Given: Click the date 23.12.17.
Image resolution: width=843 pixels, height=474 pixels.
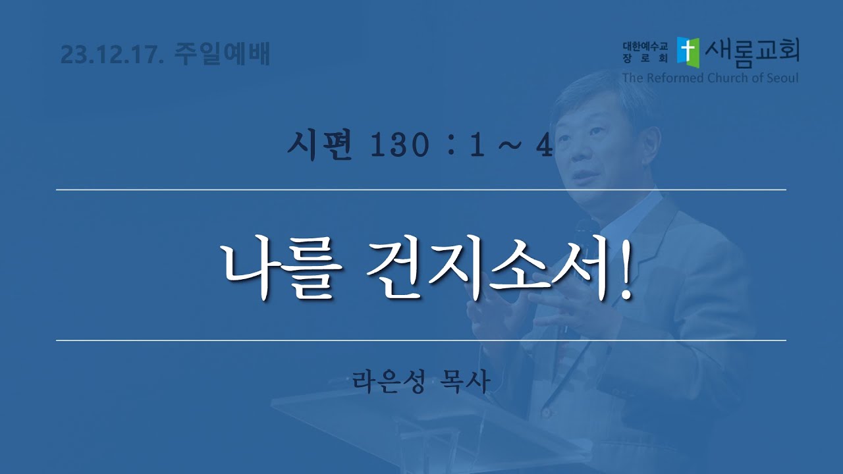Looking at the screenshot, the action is (x=112, y=55).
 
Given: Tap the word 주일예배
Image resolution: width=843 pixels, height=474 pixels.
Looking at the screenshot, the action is (x=222, y=55).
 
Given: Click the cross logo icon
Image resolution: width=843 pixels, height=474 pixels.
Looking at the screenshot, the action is (x=688, y=53).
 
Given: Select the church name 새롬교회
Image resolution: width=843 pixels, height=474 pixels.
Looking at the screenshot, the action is (x=752, y=53).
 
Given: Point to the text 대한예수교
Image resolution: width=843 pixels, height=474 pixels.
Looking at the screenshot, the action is (x=645, y=46).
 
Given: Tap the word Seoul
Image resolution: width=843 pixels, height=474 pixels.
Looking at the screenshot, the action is (x=781, y=78).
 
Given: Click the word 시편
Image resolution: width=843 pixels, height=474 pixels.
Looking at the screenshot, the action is (x=319, y=145).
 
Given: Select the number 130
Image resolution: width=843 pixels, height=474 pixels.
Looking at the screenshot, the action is (x=400, y=146).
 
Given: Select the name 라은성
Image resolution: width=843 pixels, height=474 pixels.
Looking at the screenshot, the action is (x=389, y=381).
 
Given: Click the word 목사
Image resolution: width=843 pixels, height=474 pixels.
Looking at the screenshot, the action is (x=465, y=381).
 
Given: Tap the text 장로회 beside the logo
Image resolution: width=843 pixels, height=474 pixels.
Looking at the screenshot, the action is (x=645, y=59).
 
